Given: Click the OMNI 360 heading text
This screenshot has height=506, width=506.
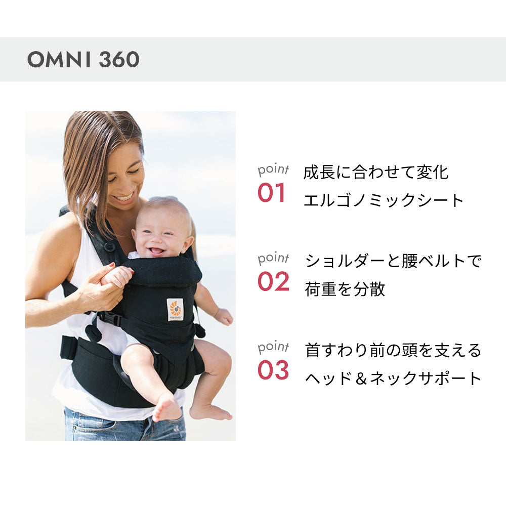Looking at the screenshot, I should pos(83,60).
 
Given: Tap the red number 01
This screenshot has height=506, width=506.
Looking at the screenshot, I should pos(272,193).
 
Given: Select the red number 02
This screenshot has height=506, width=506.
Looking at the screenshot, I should pos(273,282).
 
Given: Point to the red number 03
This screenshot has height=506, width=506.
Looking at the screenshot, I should pos(273,370).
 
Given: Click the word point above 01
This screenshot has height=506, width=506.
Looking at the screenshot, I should pos(273,170).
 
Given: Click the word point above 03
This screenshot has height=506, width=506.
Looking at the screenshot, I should pos(273,347).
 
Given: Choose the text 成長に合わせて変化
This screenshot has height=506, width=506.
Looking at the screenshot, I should pos(376,172).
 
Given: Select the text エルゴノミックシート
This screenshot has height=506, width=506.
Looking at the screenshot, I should pos(384,200).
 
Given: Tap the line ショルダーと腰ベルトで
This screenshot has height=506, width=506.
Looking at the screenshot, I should pos(393,261).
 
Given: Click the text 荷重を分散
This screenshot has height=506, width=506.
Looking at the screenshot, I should pos(345,289).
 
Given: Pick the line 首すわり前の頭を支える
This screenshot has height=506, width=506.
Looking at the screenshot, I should pos(393,350).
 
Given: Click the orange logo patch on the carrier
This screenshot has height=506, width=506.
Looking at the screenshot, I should pos(175,309).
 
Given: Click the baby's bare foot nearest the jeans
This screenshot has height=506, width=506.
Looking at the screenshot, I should pos(166,407).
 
